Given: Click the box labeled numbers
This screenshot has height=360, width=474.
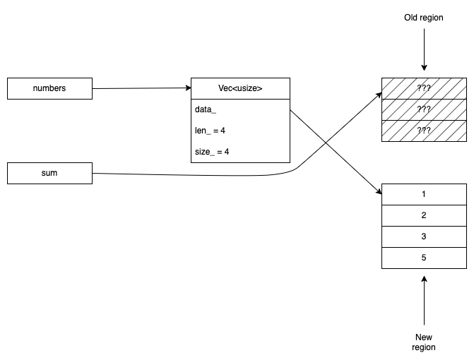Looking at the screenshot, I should pos(49,88).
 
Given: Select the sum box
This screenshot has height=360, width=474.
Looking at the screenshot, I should pos(49,173).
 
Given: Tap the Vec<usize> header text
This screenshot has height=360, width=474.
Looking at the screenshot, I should pos(240,88).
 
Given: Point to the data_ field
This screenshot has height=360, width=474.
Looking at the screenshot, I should pos(206,110).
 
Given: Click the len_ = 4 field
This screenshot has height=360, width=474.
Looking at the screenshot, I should pos(211,131).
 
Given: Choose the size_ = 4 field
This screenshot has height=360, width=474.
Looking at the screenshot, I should pos(212,151).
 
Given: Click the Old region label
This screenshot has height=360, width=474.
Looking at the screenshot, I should pos(424,18).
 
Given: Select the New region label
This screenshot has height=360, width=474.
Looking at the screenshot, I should pos(424,342).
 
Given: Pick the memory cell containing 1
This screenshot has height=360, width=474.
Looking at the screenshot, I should pos(424,194).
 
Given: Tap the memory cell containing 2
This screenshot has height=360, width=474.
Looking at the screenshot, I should pos(424,215).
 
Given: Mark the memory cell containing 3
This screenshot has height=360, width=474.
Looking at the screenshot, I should pos(424,236).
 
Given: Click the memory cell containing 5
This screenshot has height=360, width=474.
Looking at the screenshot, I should pos(424,258).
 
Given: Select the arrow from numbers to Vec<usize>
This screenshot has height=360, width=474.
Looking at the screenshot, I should pos(141,88).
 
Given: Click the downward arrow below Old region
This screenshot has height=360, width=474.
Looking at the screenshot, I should pos(424,49).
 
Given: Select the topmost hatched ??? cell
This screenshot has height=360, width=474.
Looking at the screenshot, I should pos(424,88).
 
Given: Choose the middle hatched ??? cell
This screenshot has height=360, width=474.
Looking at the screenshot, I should pos(424,109).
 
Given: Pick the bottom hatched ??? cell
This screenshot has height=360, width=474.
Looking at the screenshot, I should pos(424,131).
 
